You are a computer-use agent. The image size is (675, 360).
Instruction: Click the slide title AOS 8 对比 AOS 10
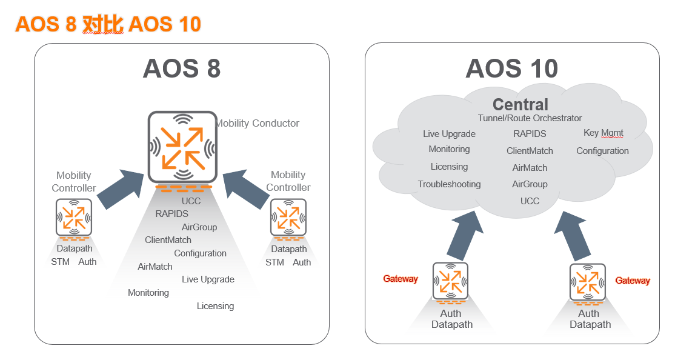point(108,24)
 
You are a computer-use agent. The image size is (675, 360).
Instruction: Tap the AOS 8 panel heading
point(181,68)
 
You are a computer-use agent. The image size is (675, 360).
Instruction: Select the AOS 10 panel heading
point(511,68)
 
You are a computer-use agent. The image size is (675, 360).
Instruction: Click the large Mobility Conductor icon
point(182,147)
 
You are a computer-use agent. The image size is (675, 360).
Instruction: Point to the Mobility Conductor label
point(258,123)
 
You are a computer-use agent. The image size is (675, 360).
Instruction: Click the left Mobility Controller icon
point(74,217)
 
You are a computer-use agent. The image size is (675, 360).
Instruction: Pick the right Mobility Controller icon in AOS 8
point(288,217)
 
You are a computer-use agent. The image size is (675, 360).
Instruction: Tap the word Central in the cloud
point(520,104)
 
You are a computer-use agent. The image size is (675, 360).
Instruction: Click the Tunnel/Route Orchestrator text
point(530,118)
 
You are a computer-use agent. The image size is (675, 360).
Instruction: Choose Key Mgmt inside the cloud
point(603,133)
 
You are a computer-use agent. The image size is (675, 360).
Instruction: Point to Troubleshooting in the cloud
point(449,184)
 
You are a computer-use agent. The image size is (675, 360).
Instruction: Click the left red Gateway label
point(401,279)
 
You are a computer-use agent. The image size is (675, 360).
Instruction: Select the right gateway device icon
point(588,282)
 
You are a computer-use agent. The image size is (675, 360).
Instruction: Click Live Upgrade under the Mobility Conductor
point(208,279)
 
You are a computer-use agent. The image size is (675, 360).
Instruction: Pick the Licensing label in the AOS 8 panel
point(215,306)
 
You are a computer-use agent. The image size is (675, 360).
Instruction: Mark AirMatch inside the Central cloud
point(530,168)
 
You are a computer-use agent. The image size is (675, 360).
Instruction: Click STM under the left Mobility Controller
point(60,262)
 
